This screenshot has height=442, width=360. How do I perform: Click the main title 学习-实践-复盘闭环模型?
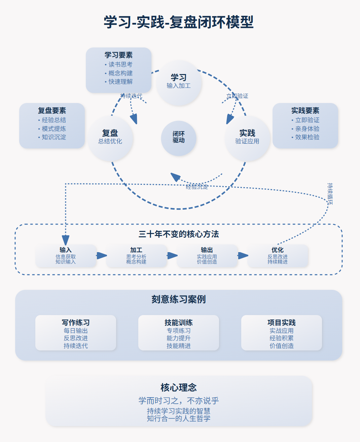point(178,22)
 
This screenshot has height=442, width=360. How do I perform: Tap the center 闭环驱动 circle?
point(179,138)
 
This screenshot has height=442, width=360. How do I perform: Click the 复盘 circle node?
point(110,138)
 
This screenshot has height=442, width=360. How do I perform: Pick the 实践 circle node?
point(247,138)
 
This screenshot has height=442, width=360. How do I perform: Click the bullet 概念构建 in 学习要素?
point(120,73)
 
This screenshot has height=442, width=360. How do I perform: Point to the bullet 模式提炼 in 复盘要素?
point(53,129)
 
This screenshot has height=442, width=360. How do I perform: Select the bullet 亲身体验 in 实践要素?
point(307,129)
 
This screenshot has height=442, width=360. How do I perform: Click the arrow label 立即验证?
point(237,96)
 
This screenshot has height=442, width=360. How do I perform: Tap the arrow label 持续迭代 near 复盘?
point(131,96)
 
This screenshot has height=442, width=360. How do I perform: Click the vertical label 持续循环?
point(330,194)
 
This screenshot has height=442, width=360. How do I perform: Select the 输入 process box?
point(66,256)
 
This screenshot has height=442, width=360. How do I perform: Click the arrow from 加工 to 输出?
point(172,256)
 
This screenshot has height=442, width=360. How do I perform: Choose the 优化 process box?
point(278,256)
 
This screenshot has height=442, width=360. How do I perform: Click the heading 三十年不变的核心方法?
point(178,234)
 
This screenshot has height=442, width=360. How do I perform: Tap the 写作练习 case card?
point(76,333)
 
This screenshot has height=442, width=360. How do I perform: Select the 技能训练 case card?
point(179,333)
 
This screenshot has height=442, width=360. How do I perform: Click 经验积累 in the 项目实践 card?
point(281,338)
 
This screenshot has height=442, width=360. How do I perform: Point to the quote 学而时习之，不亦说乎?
point(178,401)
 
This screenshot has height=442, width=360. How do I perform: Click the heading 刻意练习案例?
point(178,299)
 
